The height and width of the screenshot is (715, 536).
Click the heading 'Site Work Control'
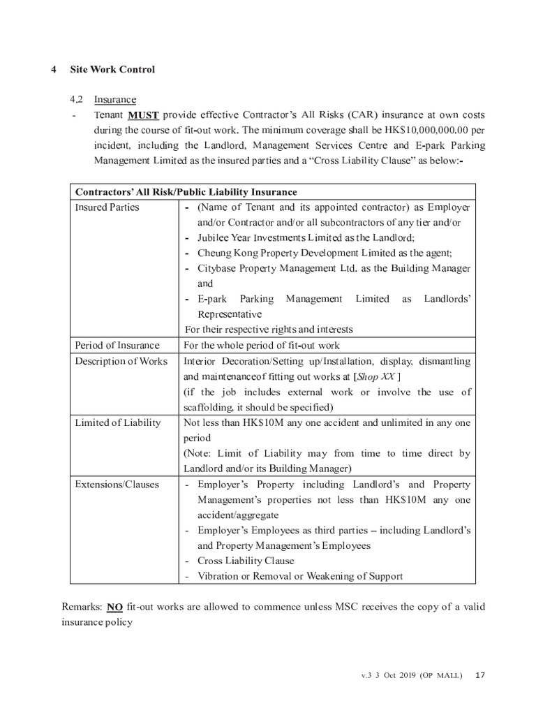click(112, 70)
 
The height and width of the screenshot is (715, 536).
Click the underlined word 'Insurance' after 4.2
click(115, 100)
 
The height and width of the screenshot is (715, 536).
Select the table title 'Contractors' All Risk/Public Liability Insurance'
click(186, 192)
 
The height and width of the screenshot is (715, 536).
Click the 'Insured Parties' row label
click(107, 207)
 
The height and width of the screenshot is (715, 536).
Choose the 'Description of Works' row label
click(121, 361)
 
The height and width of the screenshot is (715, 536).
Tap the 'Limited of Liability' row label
click(117, 422)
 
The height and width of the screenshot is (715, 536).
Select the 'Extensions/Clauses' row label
click(117, 484)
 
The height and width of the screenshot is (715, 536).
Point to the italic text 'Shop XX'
click(377, 376)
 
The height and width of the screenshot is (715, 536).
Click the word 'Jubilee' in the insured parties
click(214, 238)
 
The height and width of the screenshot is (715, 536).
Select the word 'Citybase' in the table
click(217, 269)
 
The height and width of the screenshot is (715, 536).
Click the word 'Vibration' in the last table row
click(220, 576)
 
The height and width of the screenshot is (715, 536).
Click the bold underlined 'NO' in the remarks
click(115, 607)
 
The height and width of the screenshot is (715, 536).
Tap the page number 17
click(479, 675)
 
